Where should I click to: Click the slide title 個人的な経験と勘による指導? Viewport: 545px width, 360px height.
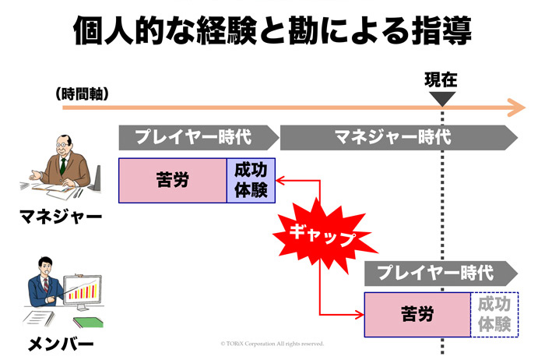tap(272, 33)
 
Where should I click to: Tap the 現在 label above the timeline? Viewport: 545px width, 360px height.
tap(441, 79)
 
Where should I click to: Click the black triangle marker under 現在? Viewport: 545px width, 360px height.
tap(441, 99)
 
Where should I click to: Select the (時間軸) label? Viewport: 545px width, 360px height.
tap(82, 94)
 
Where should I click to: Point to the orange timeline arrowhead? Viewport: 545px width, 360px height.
tap(515, 107)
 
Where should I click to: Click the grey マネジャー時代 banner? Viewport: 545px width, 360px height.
tap(397, 137)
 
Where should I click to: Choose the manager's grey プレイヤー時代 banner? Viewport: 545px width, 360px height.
tap(198, 137)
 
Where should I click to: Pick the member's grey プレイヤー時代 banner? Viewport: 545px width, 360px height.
tap(440, 273)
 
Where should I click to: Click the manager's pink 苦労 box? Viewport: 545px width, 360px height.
tap(172, 181)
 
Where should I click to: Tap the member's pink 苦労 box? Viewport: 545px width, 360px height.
tap(417, 315)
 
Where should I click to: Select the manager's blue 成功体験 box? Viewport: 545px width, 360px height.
tap(251, 181)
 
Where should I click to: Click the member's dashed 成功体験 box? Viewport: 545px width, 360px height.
tap(494, 315)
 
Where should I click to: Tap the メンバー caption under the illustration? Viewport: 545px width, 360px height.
tap(61, 344)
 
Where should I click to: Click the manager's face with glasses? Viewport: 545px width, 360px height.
tap(63, 147)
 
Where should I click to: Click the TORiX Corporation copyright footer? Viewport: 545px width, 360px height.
tap(272, 343)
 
